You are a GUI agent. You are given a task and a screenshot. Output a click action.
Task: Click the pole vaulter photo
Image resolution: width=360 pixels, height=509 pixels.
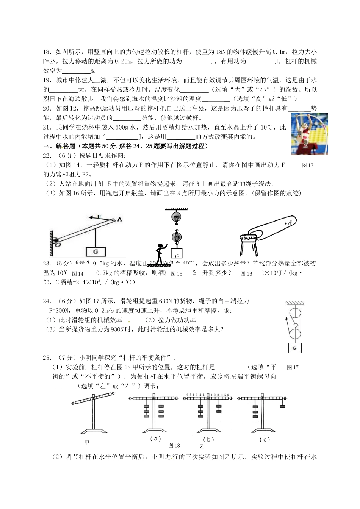click(310, 134)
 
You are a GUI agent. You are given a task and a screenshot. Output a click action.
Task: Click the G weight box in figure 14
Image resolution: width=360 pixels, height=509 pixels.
click(96, 251)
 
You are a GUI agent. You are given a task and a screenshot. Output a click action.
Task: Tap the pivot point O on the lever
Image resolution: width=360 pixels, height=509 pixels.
click(56, 241)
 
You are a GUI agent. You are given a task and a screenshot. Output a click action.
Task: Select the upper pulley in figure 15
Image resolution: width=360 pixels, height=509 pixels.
click(176, 217)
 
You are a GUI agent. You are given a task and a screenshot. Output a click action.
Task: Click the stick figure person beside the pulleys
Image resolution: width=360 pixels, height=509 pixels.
click(160, 253)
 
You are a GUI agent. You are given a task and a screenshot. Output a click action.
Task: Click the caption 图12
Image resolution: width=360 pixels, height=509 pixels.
click(307, 165)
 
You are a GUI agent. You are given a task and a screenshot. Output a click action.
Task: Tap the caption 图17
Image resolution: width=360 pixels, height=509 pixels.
click(293, 367)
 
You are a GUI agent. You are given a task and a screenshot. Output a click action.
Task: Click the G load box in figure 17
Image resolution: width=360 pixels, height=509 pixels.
click(295, 348)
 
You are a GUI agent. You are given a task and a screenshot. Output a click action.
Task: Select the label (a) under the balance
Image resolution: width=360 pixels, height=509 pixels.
click(155, 439)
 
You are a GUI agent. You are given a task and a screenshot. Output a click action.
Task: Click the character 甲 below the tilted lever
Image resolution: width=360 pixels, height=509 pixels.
click(87, 442)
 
